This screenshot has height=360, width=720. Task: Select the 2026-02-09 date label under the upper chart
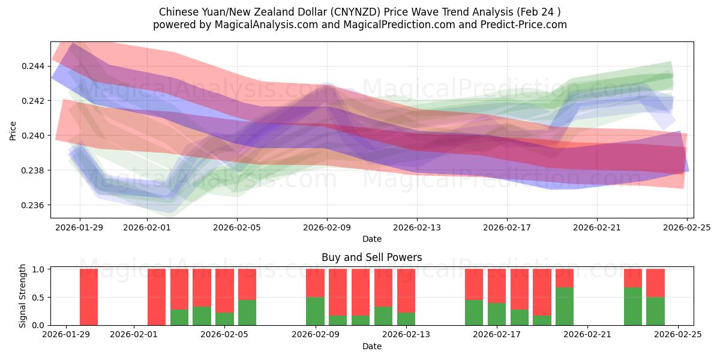point(326,227)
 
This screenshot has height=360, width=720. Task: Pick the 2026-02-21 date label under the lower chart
point(588,335)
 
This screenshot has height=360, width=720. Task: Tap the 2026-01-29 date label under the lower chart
point(66,335)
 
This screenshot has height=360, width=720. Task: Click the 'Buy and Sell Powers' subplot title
point(371,257)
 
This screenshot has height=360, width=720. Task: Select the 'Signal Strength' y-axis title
point(23,296)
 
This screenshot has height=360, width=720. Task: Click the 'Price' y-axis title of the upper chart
point(14,130)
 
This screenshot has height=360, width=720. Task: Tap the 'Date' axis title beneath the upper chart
point(371,239)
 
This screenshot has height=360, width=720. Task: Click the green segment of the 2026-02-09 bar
point(315,311)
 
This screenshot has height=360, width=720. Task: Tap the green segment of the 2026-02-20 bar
point(565,306)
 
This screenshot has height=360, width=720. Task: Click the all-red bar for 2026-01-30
point(89,297)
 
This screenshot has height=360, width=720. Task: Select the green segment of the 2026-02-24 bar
point(655,311)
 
